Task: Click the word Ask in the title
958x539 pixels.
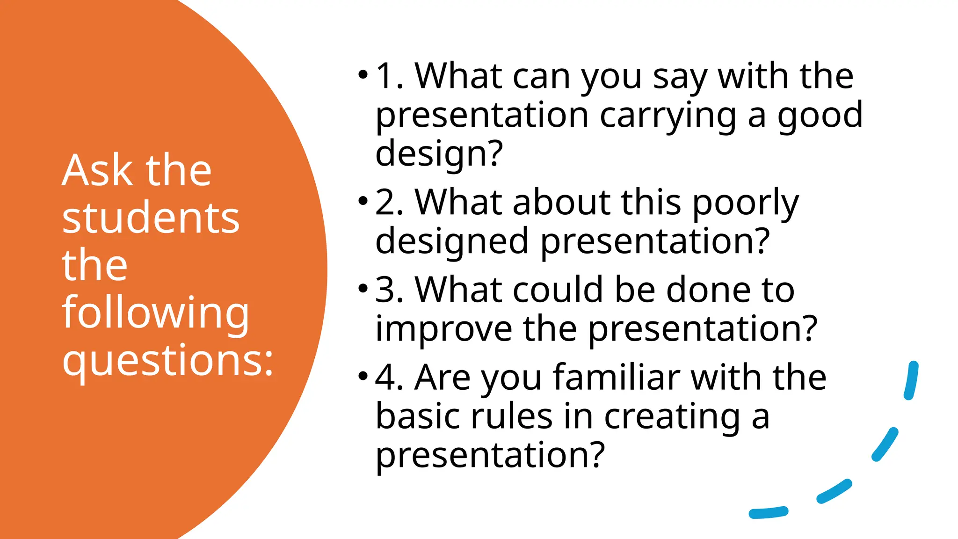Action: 97,171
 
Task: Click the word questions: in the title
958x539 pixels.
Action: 167,360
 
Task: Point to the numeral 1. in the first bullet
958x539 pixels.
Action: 390,76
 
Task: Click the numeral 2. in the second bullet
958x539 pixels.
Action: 389,203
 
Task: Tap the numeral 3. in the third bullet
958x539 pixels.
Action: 389,290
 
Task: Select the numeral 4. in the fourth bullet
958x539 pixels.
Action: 389,378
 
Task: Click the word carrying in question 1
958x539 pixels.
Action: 668,116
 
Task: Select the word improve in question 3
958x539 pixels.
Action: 443,329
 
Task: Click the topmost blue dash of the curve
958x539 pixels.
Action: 911,380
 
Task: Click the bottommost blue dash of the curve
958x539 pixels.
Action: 769,512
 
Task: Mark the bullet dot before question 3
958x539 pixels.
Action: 363,288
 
